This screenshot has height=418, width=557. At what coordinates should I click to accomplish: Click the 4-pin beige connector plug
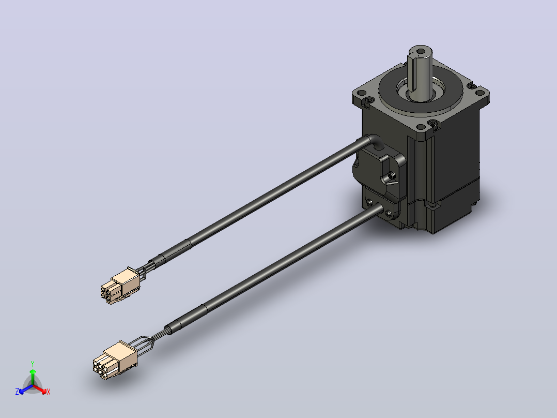point(120,286)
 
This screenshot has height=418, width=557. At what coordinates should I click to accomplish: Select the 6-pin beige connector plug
point(115,360)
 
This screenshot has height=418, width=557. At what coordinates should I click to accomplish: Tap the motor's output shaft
point(420,73)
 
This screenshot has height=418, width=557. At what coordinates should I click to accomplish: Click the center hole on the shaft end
point(421,51)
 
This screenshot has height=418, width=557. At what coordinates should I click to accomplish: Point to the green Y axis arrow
point(33,377)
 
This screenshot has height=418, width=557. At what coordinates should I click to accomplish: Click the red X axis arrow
point(40,389)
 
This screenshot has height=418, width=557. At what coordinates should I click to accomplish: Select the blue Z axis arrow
point(26,389)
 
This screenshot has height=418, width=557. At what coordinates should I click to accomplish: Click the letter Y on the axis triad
point(33,364)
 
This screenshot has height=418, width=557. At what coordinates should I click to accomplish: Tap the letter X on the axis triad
point(49,392)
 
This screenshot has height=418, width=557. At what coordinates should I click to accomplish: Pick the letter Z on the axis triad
point(17,392)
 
